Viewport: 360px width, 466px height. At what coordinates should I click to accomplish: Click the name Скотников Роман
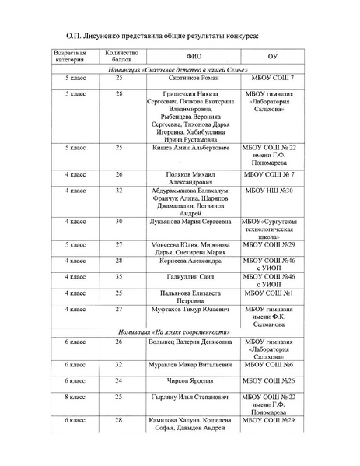click(194, 79)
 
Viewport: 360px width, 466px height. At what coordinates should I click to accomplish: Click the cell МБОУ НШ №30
click(272, 191)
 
